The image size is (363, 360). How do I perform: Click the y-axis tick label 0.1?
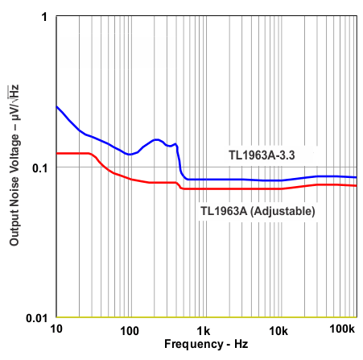(39, 168)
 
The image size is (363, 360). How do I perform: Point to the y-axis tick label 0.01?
(35, 317)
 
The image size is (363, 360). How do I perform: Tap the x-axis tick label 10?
(56, 331)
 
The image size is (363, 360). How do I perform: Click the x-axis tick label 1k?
(204, 331)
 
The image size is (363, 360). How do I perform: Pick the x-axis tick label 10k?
(278, 331)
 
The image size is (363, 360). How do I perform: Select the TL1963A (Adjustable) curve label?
(257, 211)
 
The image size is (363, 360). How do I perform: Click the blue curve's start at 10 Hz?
(56, 106)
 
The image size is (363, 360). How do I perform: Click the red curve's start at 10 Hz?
(56, 153)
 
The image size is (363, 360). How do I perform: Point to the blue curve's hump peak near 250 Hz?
(156, 139)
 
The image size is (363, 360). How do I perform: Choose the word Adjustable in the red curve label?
(281, 211)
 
